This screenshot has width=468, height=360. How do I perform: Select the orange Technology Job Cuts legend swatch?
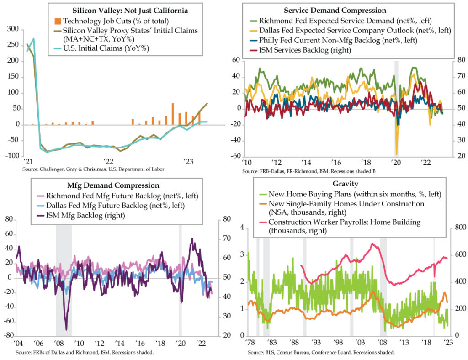click(x=58, y=21)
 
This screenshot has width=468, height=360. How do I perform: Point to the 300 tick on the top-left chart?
click(x=15, y=30)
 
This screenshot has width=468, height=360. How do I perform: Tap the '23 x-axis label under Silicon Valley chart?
click(x=188, y=161)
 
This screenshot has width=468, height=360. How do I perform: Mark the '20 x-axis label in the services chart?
click(x=396, y=163)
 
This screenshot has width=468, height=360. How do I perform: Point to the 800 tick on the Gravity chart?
click(x=457, y=228)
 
